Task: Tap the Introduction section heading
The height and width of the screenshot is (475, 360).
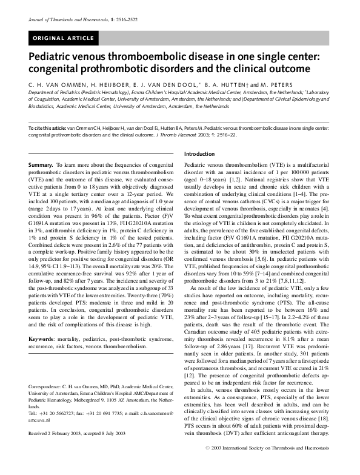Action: pyautogui.click(x=199, y=154)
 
